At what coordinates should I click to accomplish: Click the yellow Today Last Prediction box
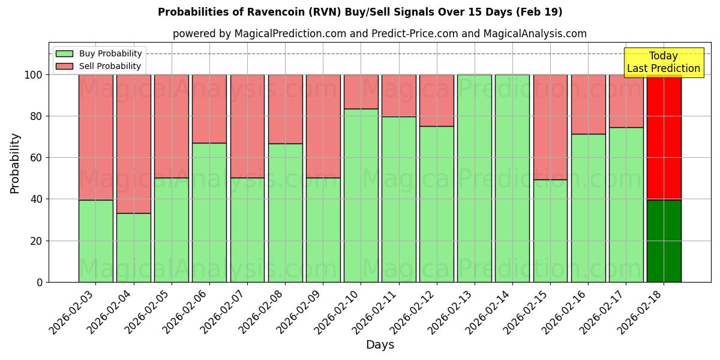(x=663, y=62)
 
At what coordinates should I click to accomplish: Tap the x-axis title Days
(x=380, y=345)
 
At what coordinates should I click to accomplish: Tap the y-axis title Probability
(x=15, y=163)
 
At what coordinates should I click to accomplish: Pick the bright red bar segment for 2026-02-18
(x=664, y=137)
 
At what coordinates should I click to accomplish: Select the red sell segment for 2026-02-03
(x=96, y=137)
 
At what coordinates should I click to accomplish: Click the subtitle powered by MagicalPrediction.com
(x=380, y=34)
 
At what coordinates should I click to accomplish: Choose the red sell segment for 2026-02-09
(x=323, y=126)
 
